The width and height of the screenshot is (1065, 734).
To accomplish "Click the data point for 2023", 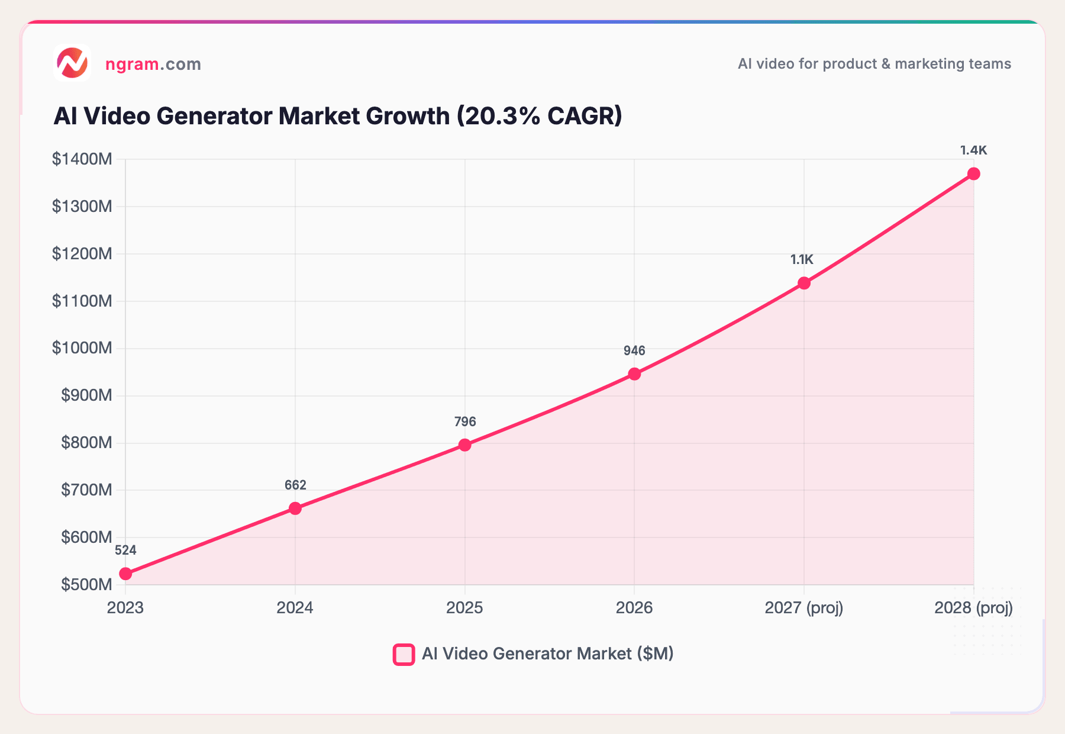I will click(125, 574).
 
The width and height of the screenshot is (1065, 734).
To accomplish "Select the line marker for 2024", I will click(295, 508).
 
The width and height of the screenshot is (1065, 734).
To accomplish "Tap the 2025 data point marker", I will click(465, 445).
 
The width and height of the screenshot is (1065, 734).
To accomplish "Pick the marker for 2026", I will click(634, 374).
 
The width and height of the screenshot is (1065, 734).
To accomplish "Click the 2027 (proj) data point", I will click(804, 283).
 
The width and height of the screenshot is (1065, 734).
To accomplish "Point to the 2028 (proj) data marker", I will click(974, 173).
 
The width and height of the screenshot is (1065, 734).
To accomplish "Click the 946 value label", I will click(634, 351).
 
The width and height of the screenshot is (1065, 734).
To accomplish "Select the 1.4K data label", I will click(973, 150).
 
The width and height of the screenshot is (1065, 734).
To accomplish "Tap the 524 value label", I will click(125, 550).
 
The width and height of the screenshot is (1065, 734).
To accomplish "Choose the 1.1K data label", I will click(802, 259).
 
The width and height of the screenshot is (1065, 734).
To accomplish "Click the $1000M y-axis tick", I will click(82, 348).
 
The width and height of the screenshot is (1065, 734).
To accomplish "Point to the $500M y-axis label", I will click(86, 585).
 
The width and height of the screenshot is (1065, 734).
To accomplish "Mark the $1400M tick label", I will click(82, 159).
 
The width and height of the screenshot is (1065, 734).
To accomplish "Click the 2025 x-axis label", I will click(464, 608).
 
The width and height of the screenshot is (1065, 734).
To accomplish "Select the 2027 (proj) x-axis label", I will click(803, 608).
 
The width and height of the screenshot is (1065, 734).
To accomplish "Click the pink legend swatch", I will click(404, 655).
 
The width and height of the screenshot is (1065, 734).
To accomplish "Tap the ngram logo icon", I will click(72, 63).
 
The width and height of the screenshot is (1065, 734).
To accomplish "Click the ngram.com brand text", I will click(153, 64).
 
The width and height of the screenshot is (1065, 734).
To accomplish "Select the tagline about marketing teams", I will click(874, 64).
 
